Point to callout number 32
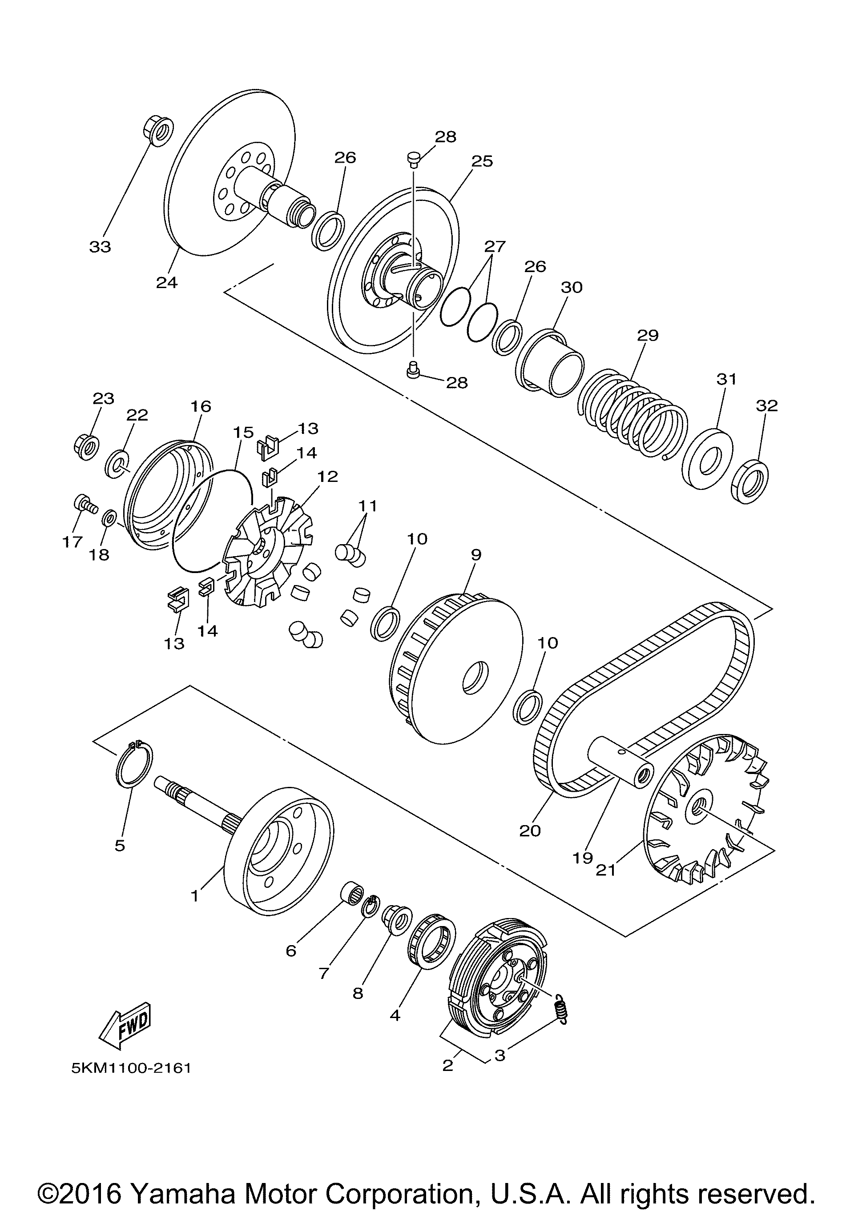[767, 405]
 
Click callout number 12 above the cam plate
[327, 477]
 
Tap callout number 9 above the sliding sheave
[475, 555]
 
